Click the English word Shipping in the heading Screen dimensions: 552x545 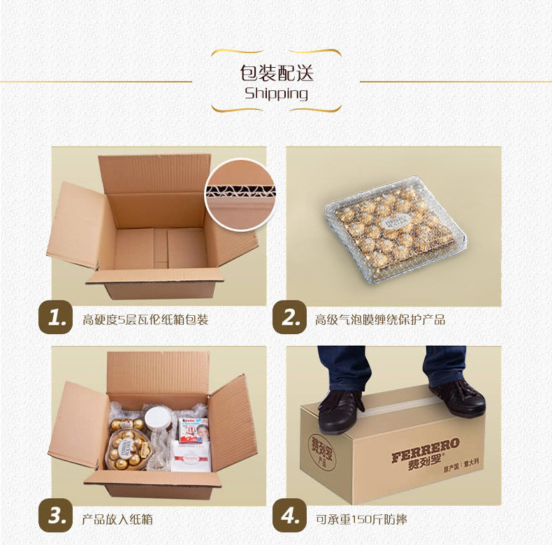[x=277, y=94]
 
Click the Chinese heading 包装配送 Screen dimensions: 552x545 [x=277, y=73]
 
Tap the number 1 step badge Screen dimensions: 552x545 [x=56, y=317]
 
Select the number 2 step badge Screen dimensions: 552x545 [x=290, y=317]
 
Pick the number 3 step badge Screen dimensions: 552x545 [x=56, y=516]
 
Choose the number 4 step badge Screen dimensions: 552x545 [x=290, y=516]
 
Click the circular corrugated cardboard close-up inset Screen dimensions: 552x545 [x=240, y=195]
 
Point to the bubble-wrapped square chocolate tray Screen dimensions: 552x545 [x=395, y=229]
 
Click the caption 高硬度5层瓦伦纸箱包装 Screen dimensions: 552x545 [x=145, y=320]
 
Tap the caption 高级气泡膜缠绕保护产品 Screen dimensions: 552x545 [x=380, y=320]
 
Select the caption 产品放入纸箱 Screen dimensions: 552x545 [x=117, y=519]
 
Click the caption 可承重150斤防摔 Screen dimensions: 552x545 [x=361, y=519]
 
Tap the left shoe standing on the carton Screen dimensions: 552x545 [x=340, y=411]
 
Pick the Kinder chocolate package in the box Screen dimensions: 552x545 [x=193, y=430]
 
